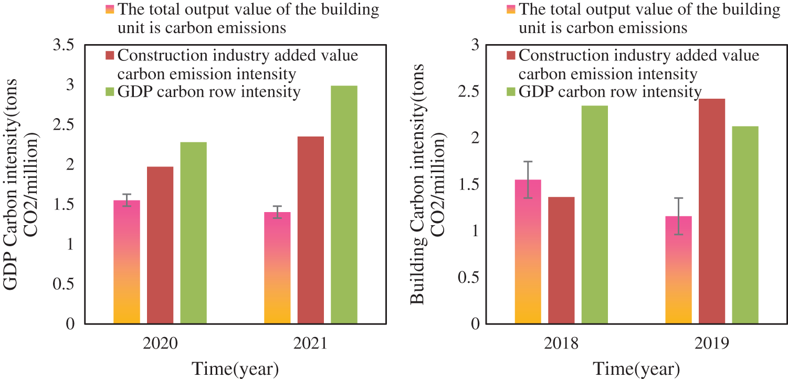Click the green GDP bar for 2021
[344, 205]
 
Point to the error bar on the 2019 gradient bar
[679, 216]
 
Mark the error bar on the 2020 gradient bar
[127, 200]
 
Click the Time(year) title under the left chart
[234, 368]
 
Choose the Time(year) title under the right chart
[636, 368]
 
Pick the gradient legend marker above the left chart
[110, 9]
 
